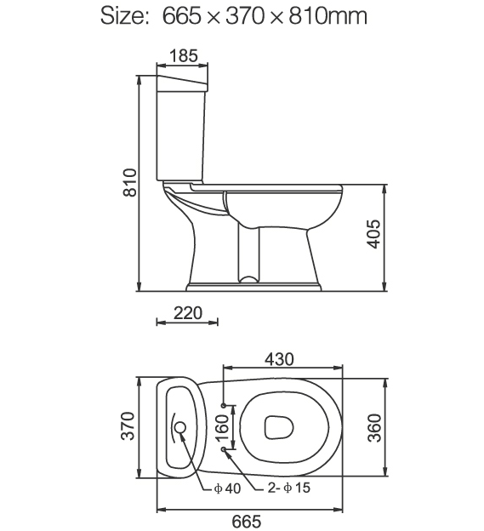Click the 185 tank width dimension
coord(183,56)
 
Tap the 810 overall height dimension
coord(130,182)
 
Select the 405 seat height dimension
coord(373,234)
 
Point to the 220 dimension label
coord(188,313)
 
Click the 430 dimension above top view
coord(279,359)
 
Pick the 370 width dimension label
coord(128,426)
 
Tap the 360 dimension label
coord(374,428)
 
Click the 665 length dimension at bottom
coord(247,522)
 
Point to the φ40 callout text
coord(227,488)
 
